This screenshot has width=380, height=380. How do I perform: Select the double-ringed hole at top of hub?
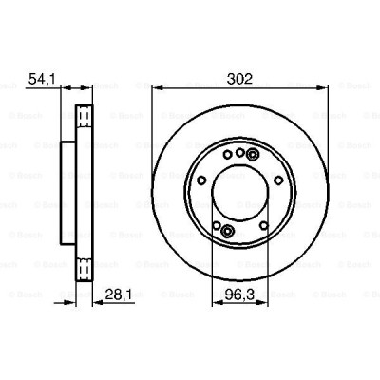(x=252, y=154)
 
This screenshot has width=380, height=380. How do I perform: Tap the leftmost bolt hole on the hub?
(x=202, y=181)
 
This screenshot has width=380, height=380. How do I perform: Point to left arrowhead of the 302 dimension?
(x=155, y=92)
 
